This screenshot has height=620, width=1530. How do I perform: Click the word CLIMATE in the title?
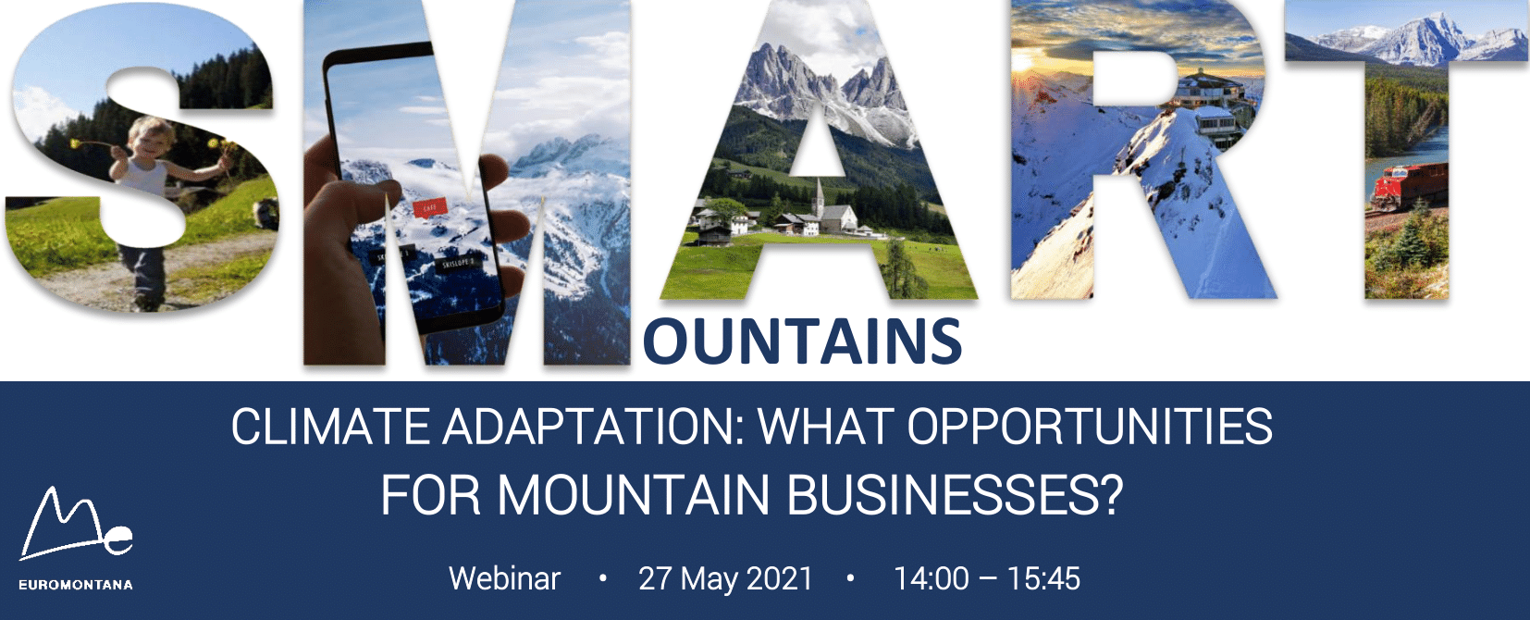point(330,428)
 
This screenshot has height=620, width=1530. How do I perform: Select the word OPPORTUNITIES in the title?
point(1090,428)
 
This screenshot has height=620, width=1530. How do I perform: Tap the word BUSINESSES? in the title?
point(955,495)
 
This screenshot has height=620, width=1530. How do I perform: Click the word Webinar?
point(504,578)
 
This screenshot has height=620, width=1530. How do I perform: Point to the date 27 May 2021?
point(725,579)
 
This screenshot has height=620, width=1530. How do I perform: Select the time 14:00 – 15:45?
point(987,578)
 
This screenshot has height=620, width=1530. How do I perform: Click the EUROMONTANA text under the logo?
point(76,585)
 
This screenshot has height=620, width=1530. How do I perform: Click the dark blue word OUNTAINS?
point(802,341)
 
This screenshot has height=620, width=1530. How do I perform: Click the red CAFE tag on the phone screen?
point(430,207)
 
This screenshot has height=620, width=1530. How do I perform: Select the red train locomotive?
point(1410,185)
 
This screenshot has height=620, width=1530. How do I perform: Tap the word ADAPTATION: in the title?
point(592,428)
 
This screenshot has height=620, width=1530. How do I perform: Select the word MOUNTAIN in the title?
point(634,495)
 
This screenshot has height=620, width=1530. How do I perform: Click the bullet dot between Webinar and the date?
point(602,578)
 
